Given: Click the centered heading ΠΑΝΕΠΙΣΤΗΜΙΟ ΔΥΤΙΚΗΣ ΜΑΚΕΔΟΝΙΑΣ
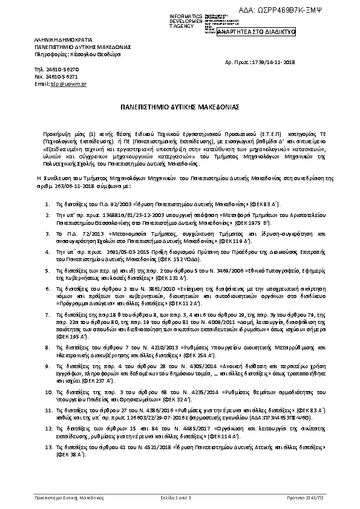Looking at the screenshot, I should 180,106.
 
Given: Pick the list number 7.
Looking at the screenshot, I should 48,316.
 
